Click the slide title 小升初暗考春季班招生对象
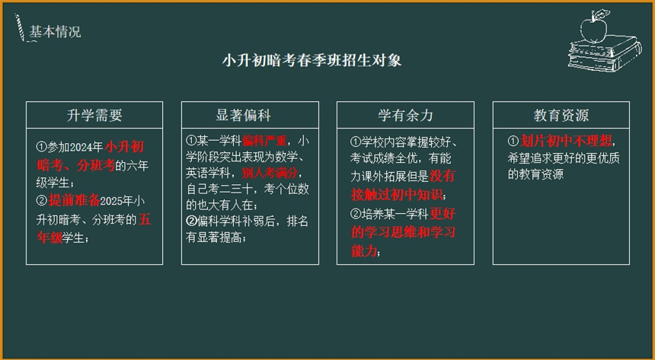tap(312, 60)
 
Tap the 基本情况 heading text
tap(55, 32)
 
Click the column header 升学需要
tap(94, 115)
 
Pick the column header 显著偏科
tap(244, 115)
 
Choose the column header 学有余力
tap(405, 115)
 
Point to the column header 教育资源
tap(561, 115)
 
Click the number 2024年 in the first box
tap(86, 148)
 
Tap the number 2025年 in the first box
tap(117, 201)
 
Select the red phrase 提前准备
tap(75, 201)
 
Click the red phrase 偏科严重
tap(264, 141)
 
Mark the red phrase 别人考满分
tap(270, 173)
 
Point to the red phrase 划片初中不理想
tap(566, 141)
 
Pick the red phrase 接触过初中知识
tap(396, 195)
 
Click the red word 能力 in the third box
tap(364, 251)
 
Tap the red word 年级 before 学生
tap(50, 237)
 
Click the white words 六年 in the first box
tap(137, 166)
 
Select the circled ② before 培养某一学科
tap(356, 214)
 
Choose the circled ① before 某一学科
tap(191, 141)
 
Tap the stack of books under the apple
tap(605, 53)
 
